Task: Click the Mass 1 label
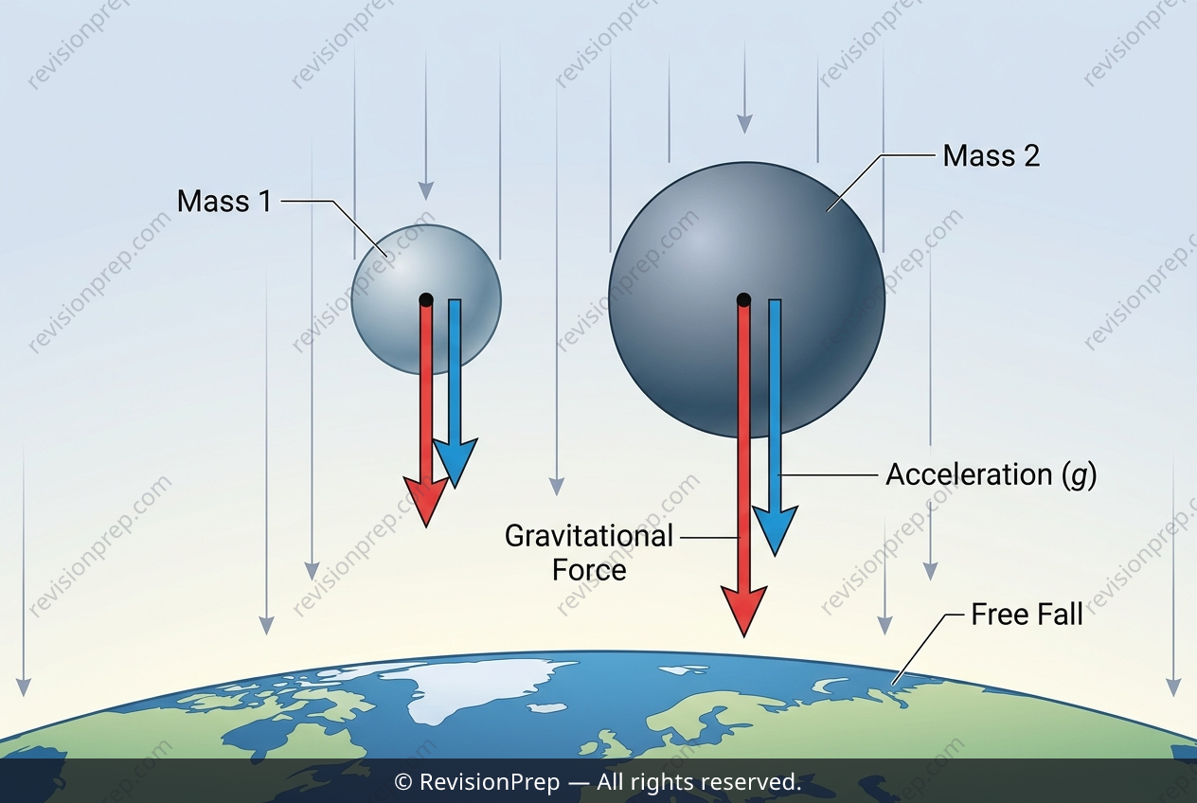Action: pyautogui.click(x=223, y=202)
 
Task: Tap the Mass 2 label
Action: pyautogui.click(x=992, y=156)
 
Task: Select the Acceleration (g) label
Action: pyautogui.click(x=992, y=474)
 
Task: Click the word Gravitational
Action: pyautogui.click(x=589, y=536)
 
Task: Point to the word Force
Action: pyautogui.click(x=589, y=570)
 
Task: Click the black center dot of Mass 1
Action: pyautogui.click(x=426, y=300)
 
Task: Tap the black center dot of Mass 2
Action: pyautogui.click(x=743, y=300)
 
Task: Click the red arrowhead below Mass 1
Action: pyautogui.click(x=425, y=501)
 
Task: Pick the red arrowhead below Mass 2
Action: pyautogui.click(x=743, y=611)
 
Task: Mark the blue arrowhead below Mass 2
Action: pyautogui.click(x=775, y=530)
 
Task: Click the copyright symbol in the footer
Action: pyautogui.click(x=403, y=783)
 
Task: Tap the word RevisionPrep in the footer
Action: pyautogui.click(x=490, y=782)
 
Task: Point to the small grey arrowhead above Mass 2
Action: pyautogui.click(x=744, y=124)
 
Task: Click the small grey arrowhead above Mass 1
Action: pyautogui.click(x=426, y=190)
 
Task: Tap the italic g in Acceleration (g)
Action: pyautogui.click(x=1079, y=475)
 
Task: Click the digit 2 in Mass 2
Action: pyautogui.click(x=1031, y=156)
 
